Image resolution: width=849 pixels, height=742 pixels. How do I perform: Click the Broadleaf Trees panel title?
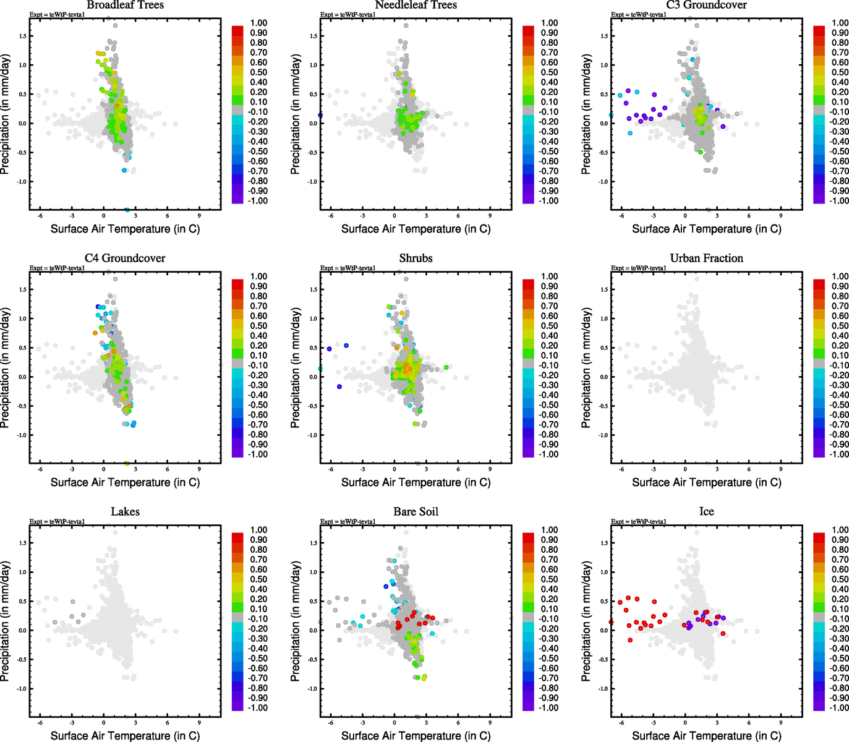(125, 6)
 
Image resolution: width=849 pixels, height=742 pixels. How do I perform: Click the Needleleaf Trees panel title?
(416, 6)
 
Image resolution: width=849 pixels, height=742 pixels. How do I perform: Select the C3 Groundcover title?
(706, 6)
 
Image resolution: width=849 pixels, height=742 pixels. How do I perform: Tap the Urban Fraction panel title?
(706, 258)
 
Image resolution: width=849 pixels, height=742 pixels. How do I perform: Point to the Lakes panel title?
(125, 512)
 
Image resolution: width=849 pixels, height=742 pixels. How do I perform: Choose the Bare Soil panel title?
(416, 512)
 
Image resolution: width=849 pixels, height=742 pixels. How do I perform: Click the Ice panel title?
(706, 512)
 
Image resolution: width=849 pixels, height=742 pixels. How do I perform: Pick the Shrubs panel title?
(416, 258)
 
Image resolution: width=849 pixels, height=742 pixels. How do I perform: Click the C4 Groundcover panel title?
(125, 258)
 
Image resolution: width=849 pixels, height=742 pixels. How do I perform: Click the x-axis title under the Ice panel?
(706, 736)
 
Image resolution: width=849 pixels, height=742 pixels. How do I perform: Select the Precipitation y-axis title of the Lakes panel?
(6, 621)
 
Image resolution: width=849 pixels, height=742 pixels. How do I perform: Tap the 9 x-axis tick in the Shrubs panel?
(490, 469)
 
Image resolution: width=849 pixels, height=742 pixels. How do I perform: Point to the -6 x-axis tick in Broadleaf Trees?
(40, 216)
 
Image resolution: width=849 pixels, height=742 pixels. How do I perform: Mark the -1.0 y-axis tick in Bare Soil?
(312, 688)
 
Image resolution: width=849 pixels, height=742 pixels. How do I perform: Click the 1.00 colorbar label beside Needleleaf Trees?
(550, 23)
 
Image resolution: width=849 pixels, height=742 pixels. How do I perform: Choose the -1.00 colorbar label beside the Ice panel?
(839, 707)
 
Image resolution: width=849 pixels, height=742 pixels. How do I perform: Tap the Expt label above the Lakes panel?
(57, 521)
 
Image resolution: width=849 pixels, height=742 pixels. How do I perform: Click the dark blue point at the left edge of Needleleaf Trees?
(320, 115)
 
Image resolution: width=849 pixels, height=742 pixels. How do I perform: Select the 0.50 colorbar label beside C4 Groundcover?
(258, 326)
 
